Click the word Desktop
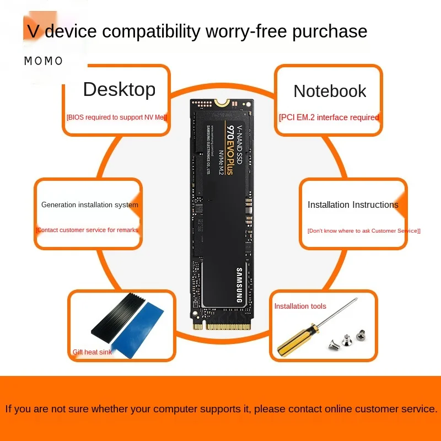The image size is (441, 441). pyautogui.click(x=119, y=89)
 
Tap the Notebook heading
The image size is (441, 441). pyautogui.click(x=330, y=91)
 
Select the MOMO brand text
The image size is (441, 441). pyautogui.click(x=44, y=61)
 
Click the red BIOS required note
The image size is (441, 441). pyautogui.click(x=116, y=117)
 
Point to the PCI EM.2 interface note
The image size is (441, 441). pyautogui.click(x=329, y=117)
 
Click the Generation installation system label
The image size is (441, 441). pyautogui.click(x=90, y=205)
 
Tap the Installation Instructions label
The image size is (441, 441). pyautogui.click(x=353, y=205)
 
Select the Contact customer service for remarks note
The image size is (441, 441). pyautogui.click(x=87, y=230)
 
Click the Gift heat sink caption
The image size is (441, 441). pyautogui.click(x=92, y=352)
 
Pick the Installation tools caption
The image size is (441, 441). pyautogui.click(x=300, y=306)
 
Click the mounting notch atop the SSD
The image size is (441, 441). pyautogui.click(x=221, y=102)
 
